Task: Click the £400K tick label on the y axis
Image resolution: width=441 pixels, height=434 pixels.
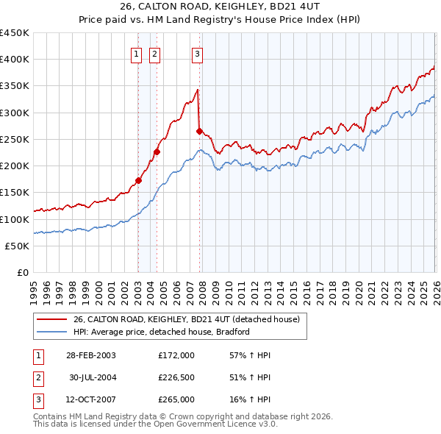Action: [15, 60]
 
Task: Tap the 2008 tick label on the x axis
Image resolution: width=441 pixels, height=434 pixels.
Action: [203, 286]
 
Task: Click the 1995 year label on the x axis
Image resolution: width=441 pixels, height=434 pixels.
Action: [34, 286]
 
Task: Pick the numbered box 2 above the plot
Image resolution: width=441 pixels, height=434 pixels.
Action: [154, 52]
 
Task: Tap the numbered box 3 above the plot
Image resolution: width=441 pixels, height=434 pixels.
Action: [198, 52]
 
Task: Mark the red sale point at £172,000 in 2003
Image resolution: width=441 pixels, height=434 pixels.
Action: [139, 179]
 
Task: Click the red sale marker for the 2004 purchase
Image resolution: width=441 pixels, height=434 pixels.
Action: [157, 152]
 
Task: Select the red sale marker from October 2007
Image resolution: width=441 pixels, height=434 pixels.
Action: [199, 131]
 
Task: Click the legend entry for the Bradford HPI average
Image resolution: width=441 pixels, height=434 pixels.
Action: [162, 332]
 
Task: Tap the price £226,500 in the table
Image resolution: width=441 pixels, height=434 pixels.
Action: [176, 377]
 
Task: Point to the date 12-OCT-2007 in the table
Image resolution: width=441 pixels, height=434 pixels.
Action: [90, 399]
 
